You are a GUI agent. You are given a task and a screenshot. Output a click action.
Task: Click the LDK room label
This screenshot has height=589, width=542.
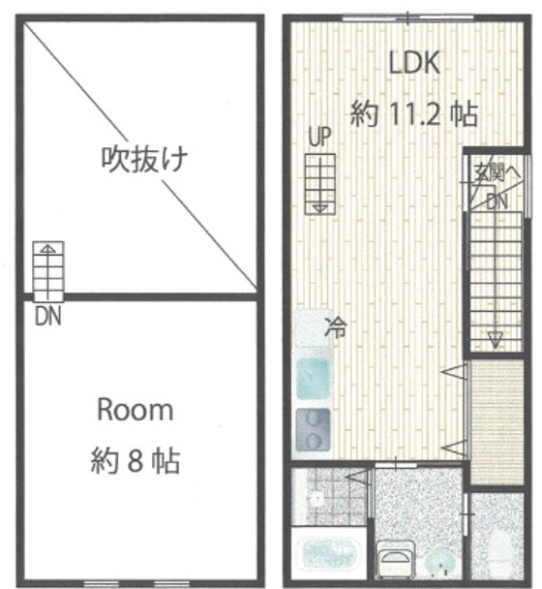414,63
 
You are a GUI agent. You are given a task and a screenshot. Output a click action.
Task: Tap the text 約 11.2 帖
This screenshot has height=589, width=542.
414,114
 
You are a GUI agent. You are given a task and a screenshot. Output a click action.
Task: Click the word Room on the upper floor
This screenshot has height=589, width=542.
135,410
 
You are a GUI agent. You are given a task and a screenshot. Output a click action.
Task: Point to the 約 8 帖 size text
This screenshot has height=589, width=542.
135,459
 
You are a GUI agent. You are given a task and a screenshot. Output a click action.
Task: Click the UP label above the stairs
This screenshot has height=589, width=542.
319,139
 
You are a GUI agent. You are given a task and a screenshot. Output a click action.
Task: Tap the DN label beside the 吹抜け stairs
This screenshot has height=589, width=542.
45,317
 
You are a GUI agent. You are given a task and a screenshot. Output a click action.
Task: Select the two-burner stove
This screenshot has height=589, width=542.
313,425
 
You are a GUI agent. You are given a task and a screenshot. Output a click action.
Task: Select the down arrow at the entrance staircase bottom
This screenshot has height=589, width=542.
495,337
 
